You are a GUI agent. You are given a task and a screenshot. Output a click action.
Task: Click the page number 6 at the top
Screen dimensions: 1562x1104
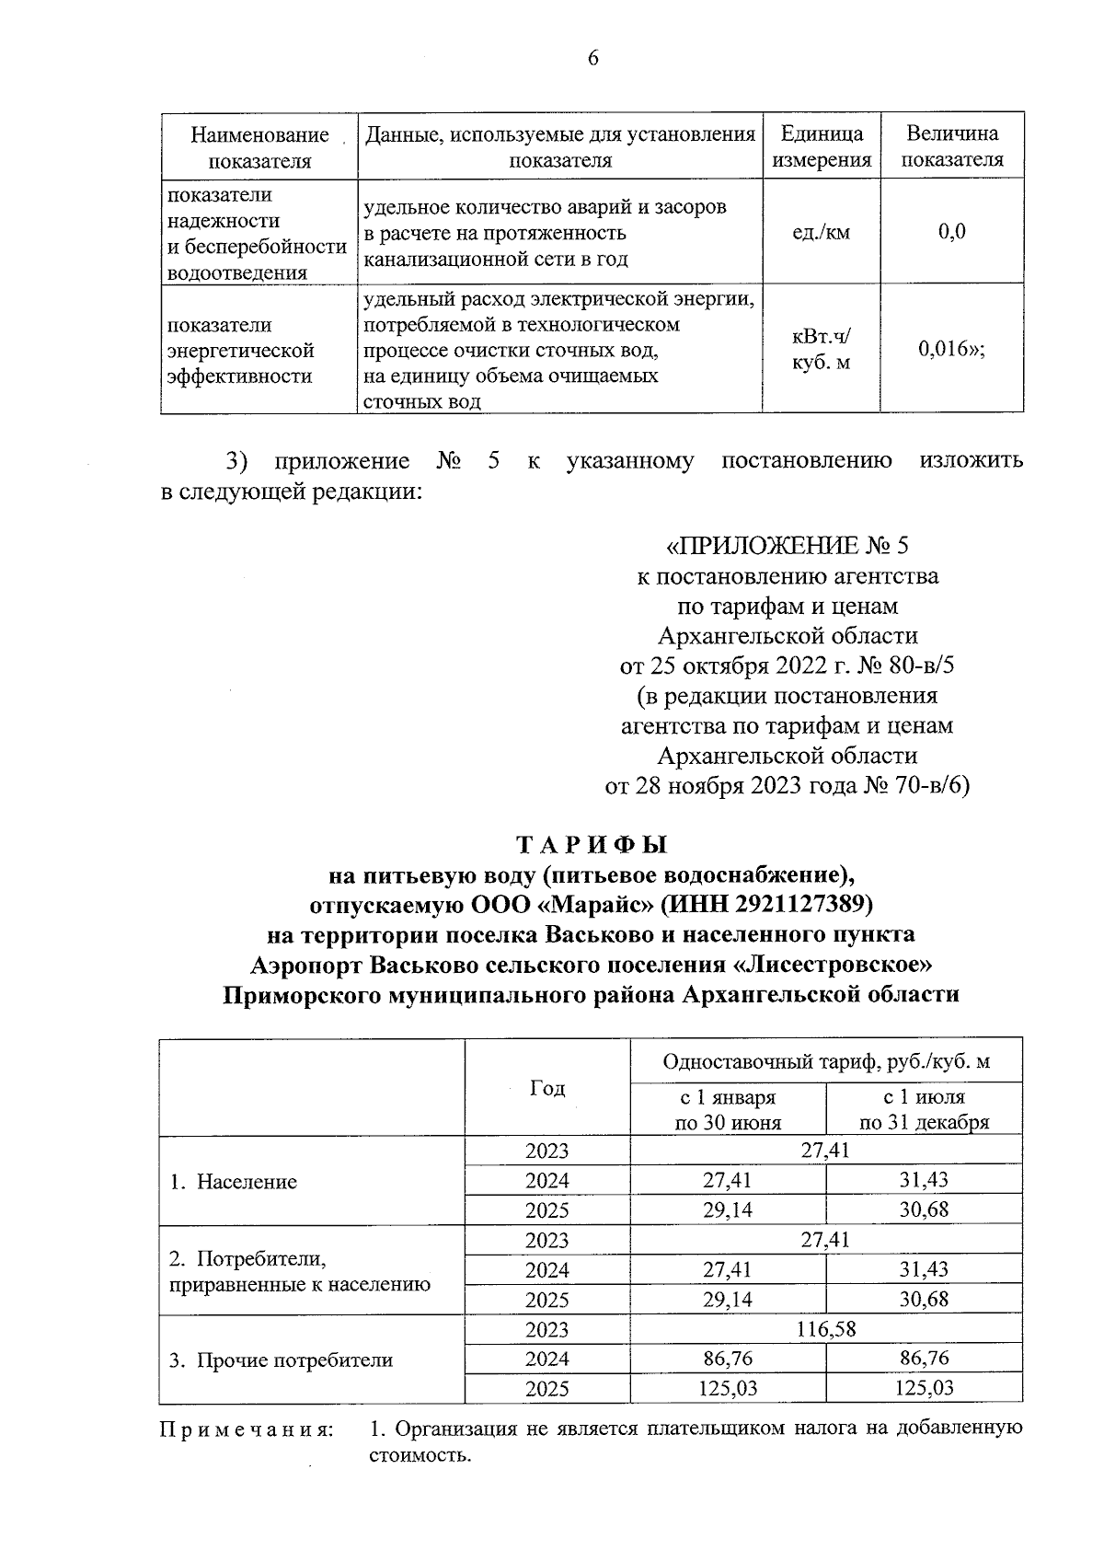(x=592, y=58)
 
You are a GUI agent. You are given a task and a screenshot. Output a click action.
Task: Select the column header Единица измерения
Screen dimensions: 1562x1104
(x=822, y=146)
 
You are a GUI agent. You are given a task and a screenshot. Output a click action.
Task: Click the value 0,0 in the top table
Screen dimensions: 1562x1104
(x=951, y=232)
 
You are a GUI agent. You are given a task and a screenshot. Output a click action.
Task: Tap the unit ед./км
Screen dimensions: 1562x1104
(x=821, y=232)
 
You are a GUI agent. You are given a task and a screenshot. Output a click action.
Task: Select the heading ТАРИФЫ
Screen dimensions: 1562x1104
(x=592, y=844)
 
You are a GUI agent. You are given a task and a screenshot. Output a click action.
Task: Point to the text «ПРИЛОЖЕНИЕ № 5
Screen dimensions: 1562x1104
(x=787, y=546)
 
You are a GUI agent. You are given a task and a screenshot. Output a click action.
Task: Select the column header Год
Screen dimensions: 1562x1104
(x=547, y=1089)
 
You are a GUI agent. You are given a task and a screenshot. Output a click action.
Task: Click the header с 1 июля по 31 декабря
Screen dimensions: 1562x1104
(x=924, y=1109)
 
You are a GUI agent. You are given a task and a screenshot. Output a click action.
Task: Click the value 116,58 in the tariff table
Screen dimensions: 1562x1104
(x=825, y=1330)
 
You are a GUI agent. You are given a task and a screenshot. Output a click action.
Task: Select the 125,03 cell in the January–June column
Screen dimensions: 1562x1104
(x=728, y=1389)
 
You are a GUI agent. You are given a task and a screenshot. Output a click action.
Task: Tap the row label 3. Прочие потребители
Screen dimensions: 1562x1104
(x=281, y=1360)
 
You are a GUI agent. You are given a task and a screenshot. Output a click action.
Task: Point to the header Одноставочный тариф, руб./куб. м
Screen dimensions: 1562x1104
(x=825, y=1062)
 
